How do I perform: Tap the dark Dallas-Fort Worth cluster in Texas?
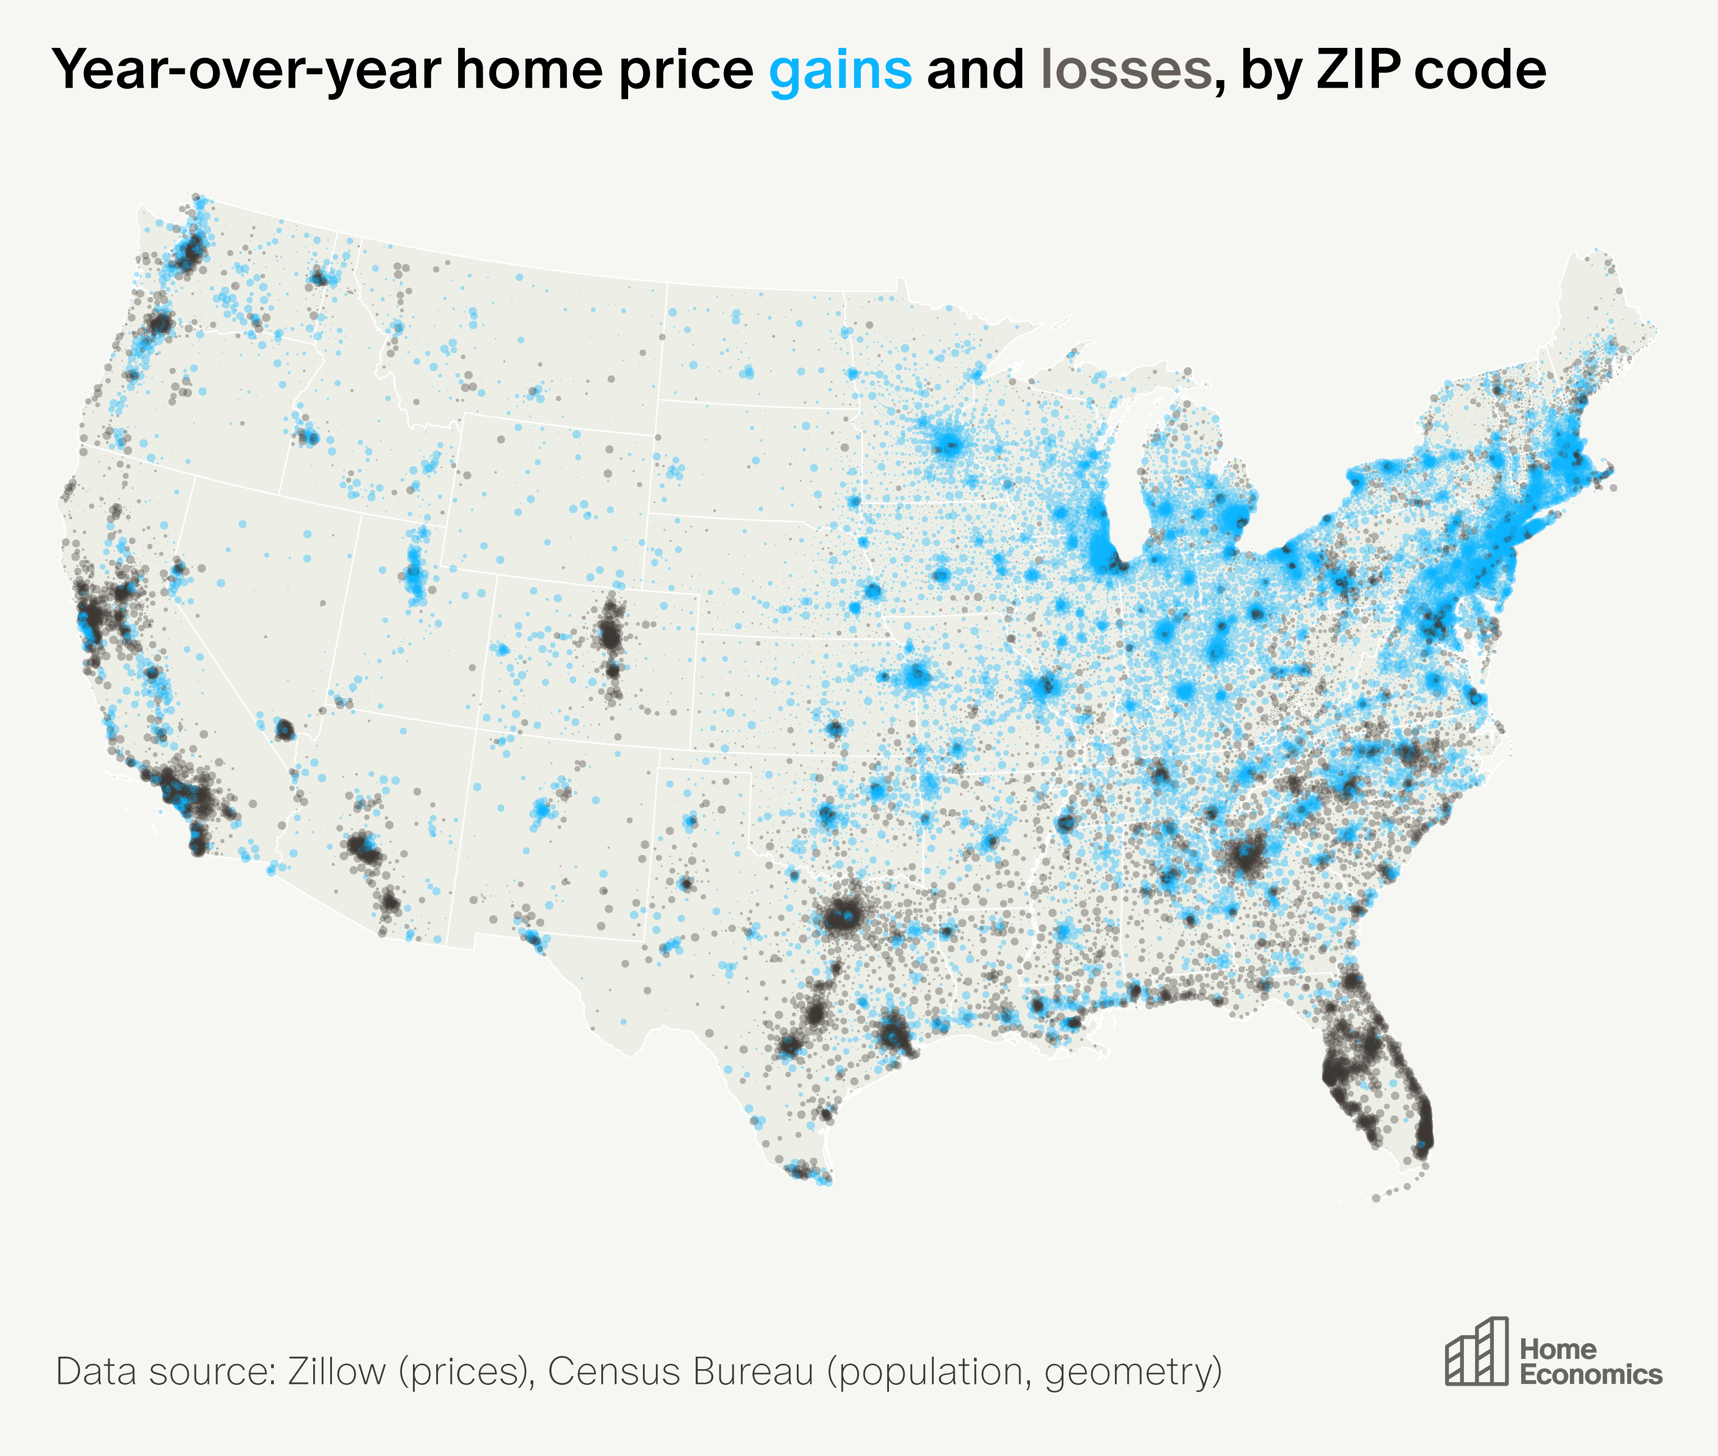(x=842, y=915)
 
